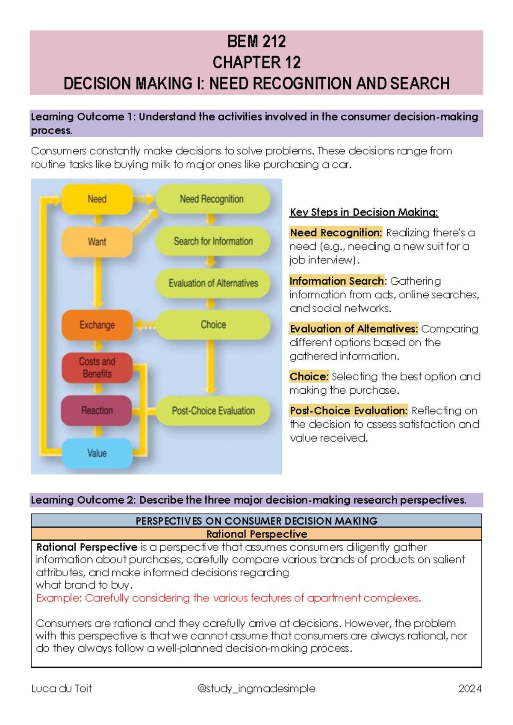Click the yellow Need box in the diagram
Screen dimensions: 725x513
(x=97, y=199)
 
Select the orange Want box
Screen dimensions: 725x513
(x=97, y=242)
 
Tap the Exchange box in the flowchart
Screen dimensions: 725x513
(x=97, y=325)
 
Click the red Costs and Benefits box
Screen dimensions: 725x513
(x=97, y=368)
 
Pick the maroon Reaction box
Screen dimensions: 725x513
(x=97, y=410)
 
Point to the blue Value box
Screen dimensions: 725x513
(x=97, y=453)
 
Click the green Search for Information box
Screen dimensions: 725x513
(x=213, y=241)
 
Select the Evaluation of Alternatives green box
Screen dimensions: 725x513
(x=213, y=283)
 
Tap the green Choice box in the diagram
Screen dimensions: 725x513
(x=213, y=325)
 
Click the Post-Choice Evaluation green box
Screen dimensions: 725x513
(x=213, y=411)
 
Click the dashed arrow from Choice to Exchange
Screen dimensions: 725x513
(x=145, y=325)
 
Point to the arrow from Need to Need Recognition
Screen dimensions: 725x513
(x=144, y=199)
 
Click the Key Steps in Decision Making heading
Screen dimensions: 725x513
(x=364, y=212)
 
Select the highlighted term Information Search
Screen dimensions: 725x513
(x=337, y=281)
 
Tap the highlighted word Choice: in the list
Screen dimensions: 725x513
(x=309, y=377)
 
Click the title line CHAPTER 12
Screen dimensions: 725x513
(x=256, y=63)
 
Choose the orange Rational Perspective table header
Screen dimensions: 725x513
(x=256, y=534)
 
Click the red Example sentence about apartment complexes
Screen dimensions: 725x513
(x=229, y=598)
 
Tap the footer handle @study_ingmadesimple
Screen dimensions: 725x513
(x=256, y=689)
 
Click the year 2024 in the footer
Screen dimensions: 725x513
(x=469, y=689)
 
